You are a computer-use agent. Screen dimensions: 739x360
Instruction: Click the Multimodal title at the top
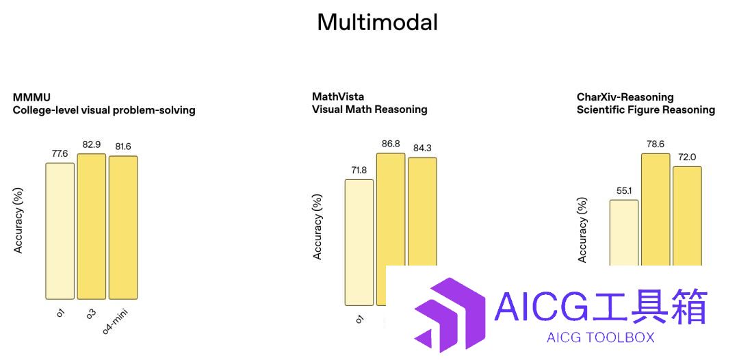378,22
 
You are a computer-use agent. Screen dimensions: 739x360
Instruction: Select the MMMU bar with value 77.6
60,231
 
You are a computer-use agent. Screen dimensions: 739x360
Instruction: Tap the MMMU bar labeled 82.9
92,226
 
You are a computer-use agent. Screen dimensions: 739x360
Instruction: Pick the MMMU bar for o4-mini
123,228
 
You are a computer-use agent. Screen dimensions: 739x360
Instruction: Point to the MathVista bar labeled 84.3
422,211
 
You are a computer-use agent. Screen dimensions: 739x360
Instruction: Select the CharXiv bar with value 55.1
624,233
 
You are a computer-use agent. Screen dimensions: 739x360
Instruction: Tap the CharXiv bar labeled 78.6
656,209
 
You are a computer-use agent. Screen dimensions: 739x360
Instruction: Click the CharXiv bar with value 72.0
687,216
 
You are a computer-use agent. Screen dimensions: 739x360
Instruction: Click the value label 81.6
123,147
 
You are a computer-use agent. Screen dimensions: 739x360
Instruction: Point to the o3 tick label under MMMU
90,312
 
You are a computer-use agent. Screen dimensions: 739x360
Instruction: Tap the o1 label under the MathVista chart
359,320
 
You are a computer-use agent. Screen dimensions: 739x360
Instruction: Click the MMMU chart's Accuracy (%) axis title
18,221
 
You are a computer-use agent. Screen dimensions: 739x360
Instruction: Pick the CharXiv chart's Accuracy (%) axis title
582,230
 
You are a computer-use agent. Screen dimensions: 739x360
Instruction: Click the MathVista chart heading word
338,97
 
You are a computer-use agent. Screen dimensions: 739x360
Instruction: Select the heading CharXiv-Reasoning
625,98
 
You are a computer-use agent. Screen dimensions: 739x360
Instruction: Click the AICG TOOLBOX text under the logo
601,337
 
